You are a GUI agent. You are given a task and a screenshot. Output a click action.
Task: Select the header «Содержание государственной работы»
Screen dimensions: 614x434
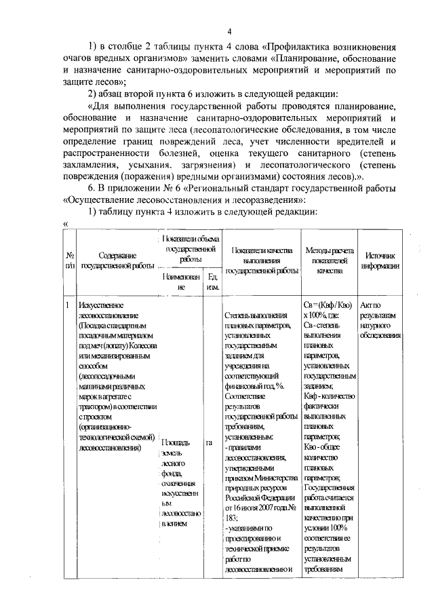click(x=117, y=261)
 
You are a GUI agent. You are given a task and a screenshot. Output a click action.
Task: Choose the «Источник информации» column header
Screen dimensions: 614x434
click(x=380, y=261)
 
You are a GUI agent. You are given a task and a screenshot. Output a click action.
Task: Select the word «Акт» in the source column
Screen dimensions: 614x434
click(x=369, y=306)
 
